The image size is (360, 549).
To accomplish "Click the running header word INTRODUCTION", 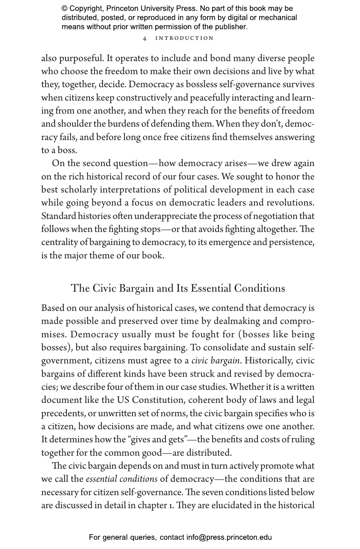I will (x=184, y=38).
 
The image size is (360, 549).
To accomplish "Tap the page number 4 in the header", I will (x=145, y=38).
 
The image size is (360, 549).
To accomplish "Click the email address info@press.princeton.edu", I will (x=229, y=537).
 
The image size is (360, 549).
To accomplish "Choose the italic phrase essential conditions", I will (x=122, y=479).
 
